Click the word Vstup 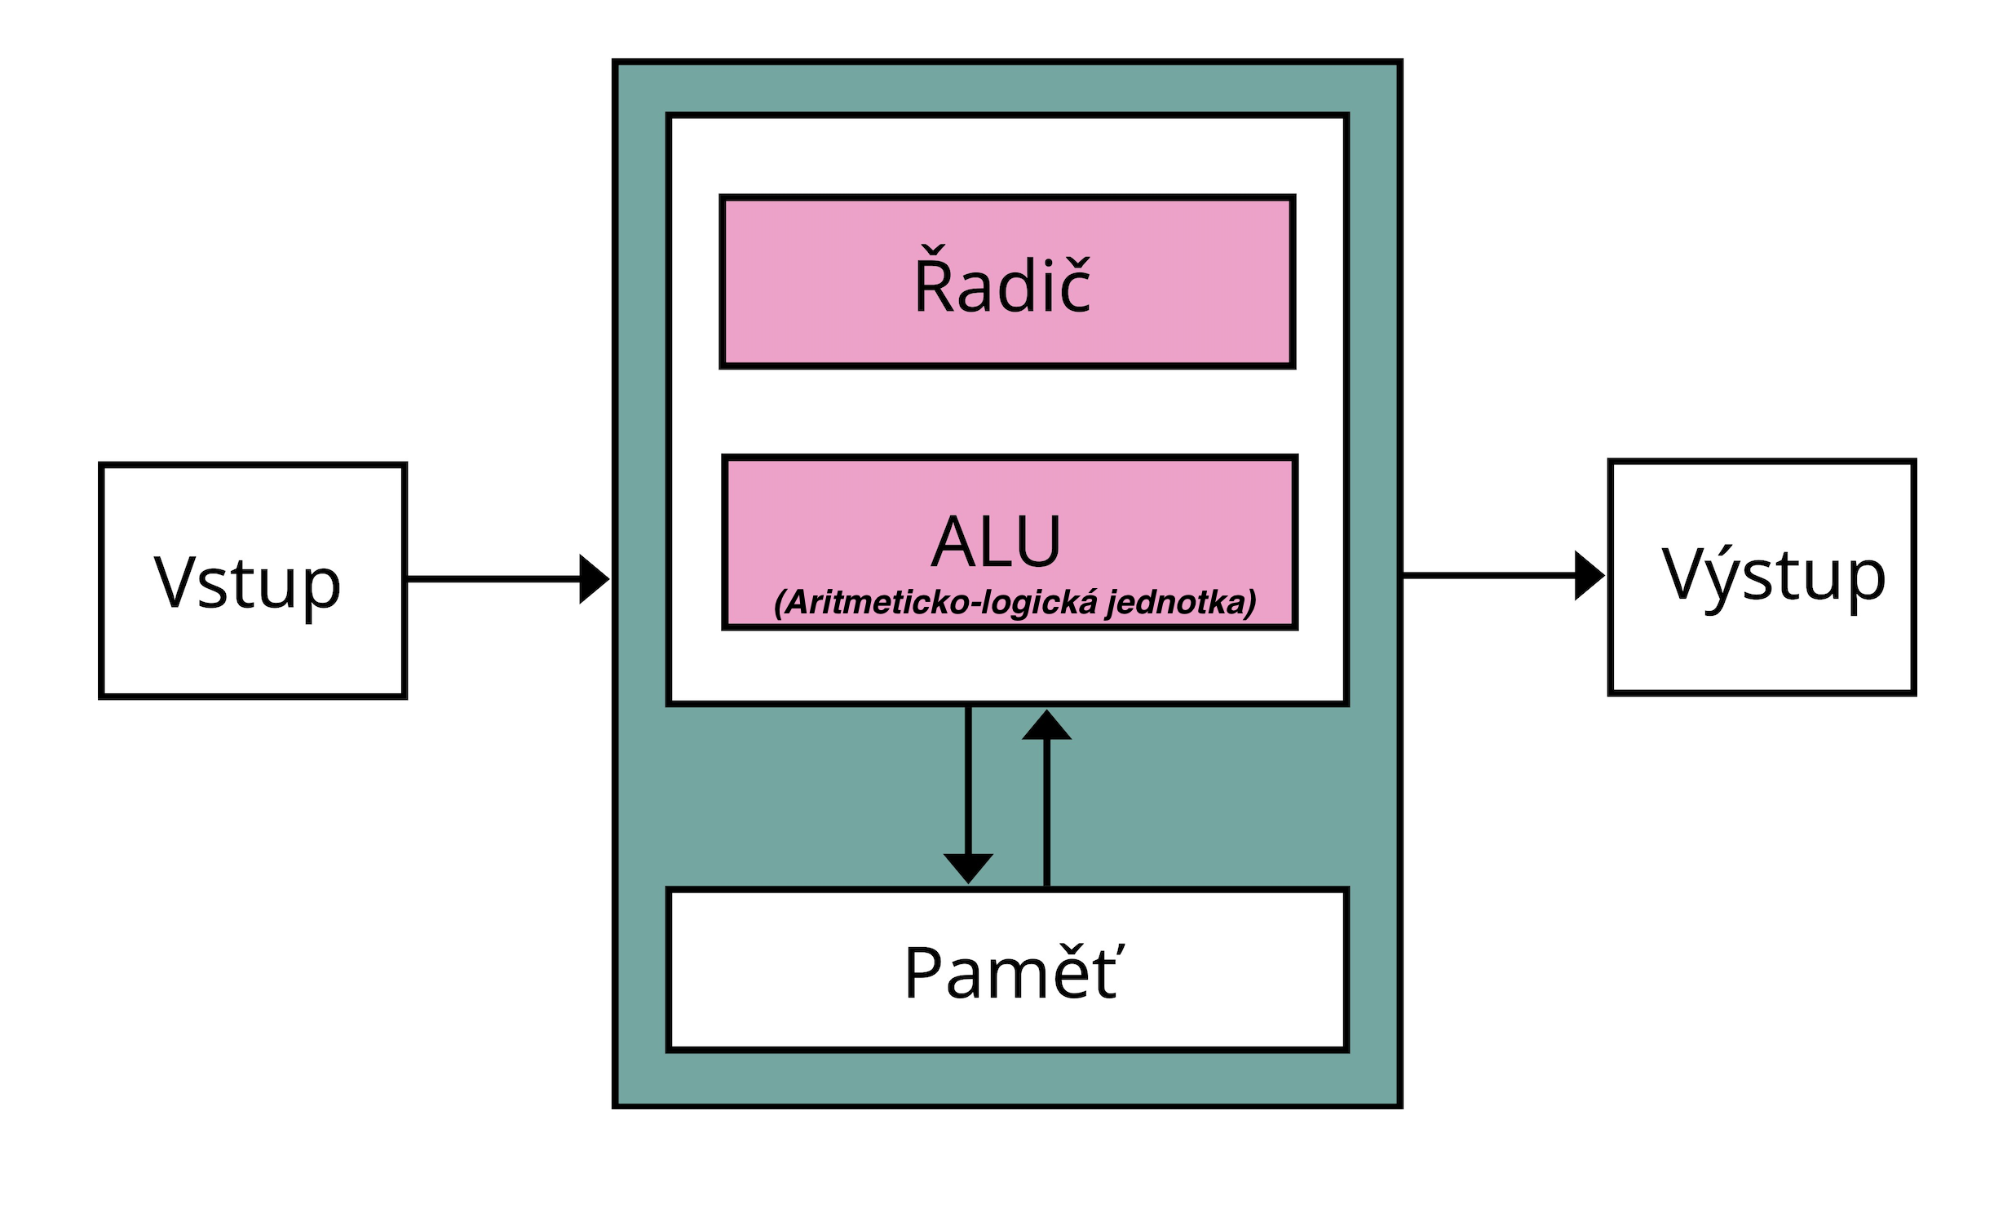(247, 582)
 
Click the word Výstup (1773, 575)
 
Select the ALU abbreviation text (996, 542)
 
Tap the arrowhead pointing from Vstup (592, 579)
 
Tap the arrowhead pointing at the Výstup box (1588, 575)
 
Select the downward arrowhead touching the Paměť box (968, 867)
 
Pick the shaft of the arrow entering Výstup (1489, 575)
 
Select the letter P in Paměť (925, 972)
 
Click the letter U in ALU (1037, 542)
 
